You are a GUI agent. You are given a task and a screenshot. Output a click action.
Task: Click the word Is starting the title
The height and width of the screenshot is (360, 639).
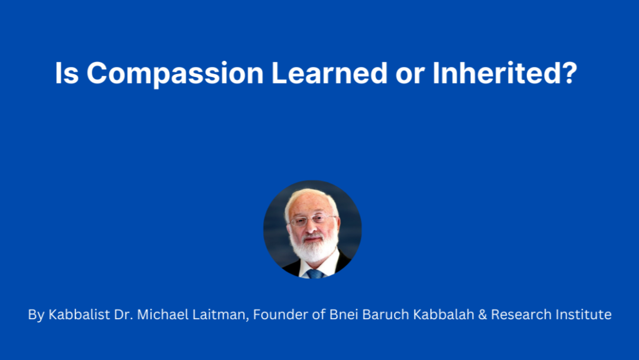click(67, 74)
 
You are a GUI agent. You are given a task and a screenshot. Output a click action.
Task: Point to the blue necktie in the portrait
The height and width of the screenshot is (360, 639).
click(314, 274)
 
